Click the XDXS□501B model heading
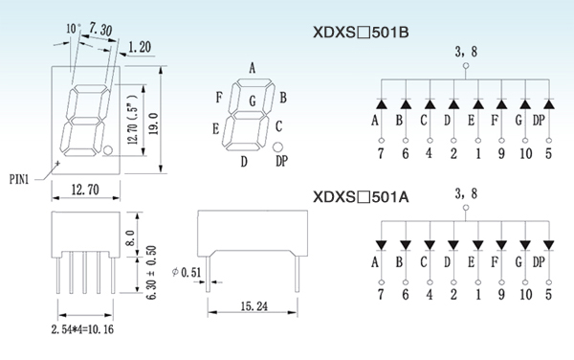(361, 33)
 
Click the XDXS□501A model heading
(361, 197)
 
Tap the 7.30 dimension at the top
(100, 30)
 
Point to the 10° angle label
(74, 29)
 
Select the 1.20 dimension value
(140, 47)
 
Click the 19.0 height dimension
(153, 124)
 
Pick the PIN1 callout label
(19, 179)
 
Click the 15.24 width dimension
(254, 306)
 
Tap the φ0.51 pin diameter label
(187, 272)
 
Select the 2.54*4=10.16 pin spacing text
(82, 329)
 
